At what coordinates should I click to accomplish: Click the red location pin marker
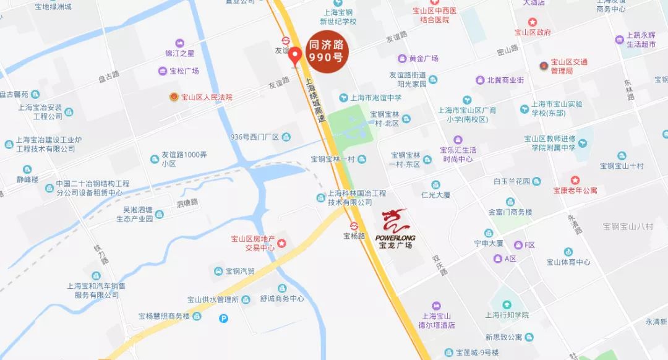coord(296,56)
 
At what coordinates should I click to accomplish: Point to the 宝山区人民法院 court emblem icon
coord(174,97)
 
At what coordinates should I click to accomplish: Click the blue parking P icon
coord(224,319)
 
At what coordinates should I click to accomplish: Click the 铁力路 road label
coord(101,254)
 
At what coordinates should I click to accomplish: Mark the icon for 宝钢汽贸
coord(218,272)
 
